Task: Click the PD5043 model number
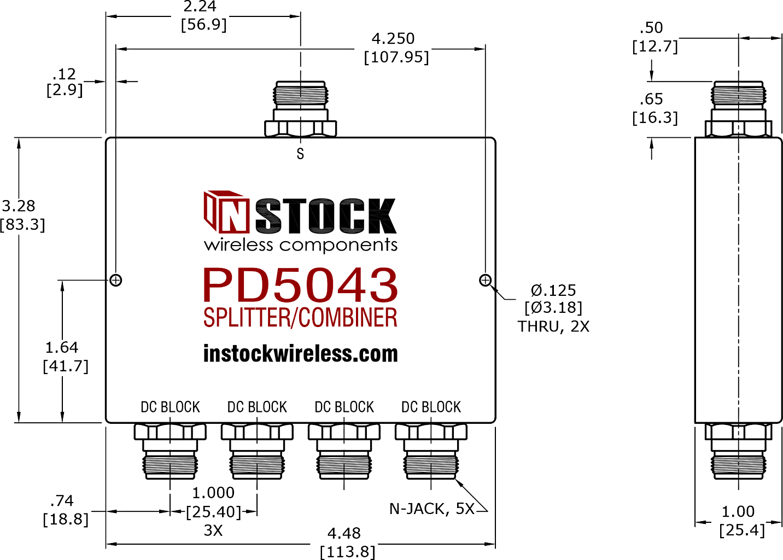pyautogui.click(x=300, y=285)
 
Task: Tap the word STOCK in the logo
pyautogui.click(x=326, y=215)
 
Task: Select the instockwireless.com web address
pyautogui.click(x=301, y=354)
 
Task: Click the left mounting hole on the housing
pyautogui.click(x=116, y=280)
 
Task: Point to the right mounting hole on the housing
pyautogui.click(x=485, y=280)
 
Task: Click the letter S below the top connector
pyautogui.click(x=300, y=154)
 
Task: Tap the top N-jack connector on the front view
pyautogui.click(x=301, y=109)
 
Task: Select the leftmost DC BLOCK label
pyautogui.click(x=170, y=407)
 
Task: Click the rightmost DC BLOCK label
pyautogui.click(x=431, y=407)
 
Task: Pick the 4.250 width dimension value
pyautogui.click(x=393, y=38)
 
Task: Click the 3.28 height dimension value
pyautogui.click(x=19, y=206)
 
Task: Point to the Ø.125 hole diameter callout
pyautogui.click(x=553, y=290)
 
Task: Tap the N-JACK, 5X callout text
pyautogui.click(x=432, y=509)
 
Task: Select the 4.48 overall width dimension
pyautogui.click(x=344, y=533)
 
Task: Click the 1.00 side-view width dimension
pyautogui.click(x=738, y=512)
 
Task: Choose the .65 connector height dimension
pyautogui.click(x=651, y=100)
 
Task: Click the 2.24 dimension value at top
pyautogui.click(x=200, y=7)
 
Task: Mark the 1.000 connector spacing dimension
pyautogui.click(x=213, y=493)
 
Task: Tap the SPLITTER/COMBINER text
pyautogui.click(x=300, y=317)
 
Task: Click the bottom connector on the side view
pyautogui.click(x=738, y=451)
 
